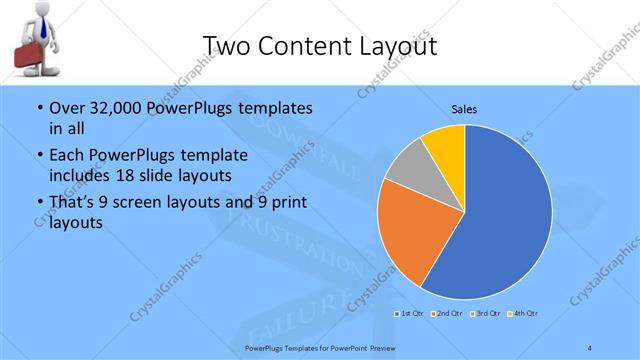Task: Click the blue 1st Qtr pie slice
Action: [x=500, y=220]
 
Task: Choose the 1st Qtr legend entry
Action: [x=411, y=315]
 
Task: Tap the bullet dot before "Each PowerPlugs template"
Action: [x=38, y=156]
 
